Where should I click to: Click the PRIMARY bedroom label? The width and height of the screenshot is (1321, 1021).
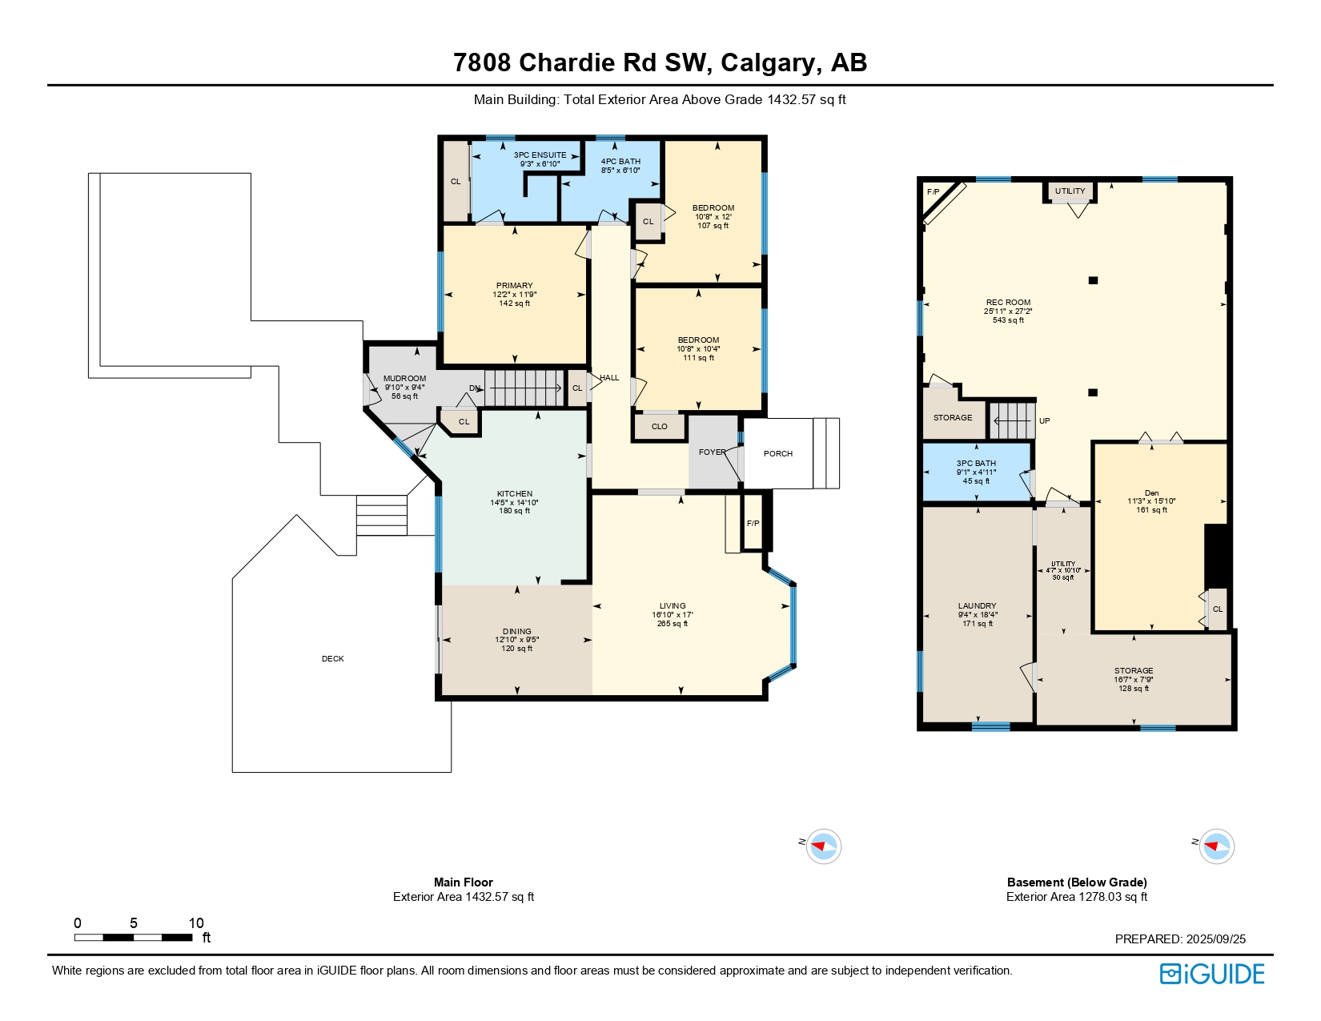pos(514,285)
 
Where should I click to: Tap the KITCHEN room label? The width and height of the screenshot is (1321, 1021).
pos(514,494)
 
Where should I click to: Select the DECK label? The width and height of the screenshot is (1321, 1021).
pos(332,658)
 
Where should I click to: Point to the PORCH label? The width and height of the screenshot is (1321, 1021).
pos(778,453)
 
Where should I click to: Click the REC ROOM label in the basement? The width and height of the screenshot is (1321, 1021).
pos(1008,302)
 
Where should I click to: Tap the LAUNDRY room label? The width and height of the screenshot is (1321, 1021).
pos(977,605)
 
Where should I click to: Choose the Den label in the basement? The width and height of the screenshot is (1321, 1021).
pos(1151,493)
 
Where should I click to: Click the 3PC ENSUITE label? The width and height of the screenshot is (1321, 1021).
pos(540,155)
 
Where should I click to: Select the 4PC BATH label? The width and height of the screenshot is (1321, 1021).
pos(620,161)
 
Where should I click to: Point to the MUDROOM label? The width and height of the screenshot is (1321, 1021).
pos(404,378)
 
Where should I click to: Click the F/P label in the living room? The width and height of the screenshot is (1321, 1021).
pos(753,524)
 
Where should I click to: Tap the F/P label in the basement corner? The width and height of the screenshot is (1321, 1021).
pos(934,192)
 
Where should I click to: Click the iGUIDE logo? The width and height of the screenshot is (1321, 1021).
pos(1212,974)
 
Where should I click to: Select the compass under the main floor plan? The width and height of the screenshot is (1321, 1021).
pos(823,846)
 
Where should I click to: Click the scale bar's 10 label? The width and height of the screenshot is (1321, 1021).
pos(196,923)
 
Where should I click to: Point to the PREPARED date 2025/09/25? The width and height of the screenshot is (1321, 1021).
pos(1216,939)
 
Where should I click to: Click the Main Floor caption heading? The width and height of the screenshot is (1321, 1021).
pos(464,882)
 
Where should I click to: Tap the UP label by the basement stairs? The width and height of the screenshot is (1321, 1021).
pos(1045,420)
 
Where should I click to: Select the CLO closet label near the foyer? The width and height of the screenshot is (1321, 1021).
pos(660,427)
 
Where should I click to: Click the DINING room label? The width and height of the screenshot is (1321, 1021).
pos(516,631)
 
